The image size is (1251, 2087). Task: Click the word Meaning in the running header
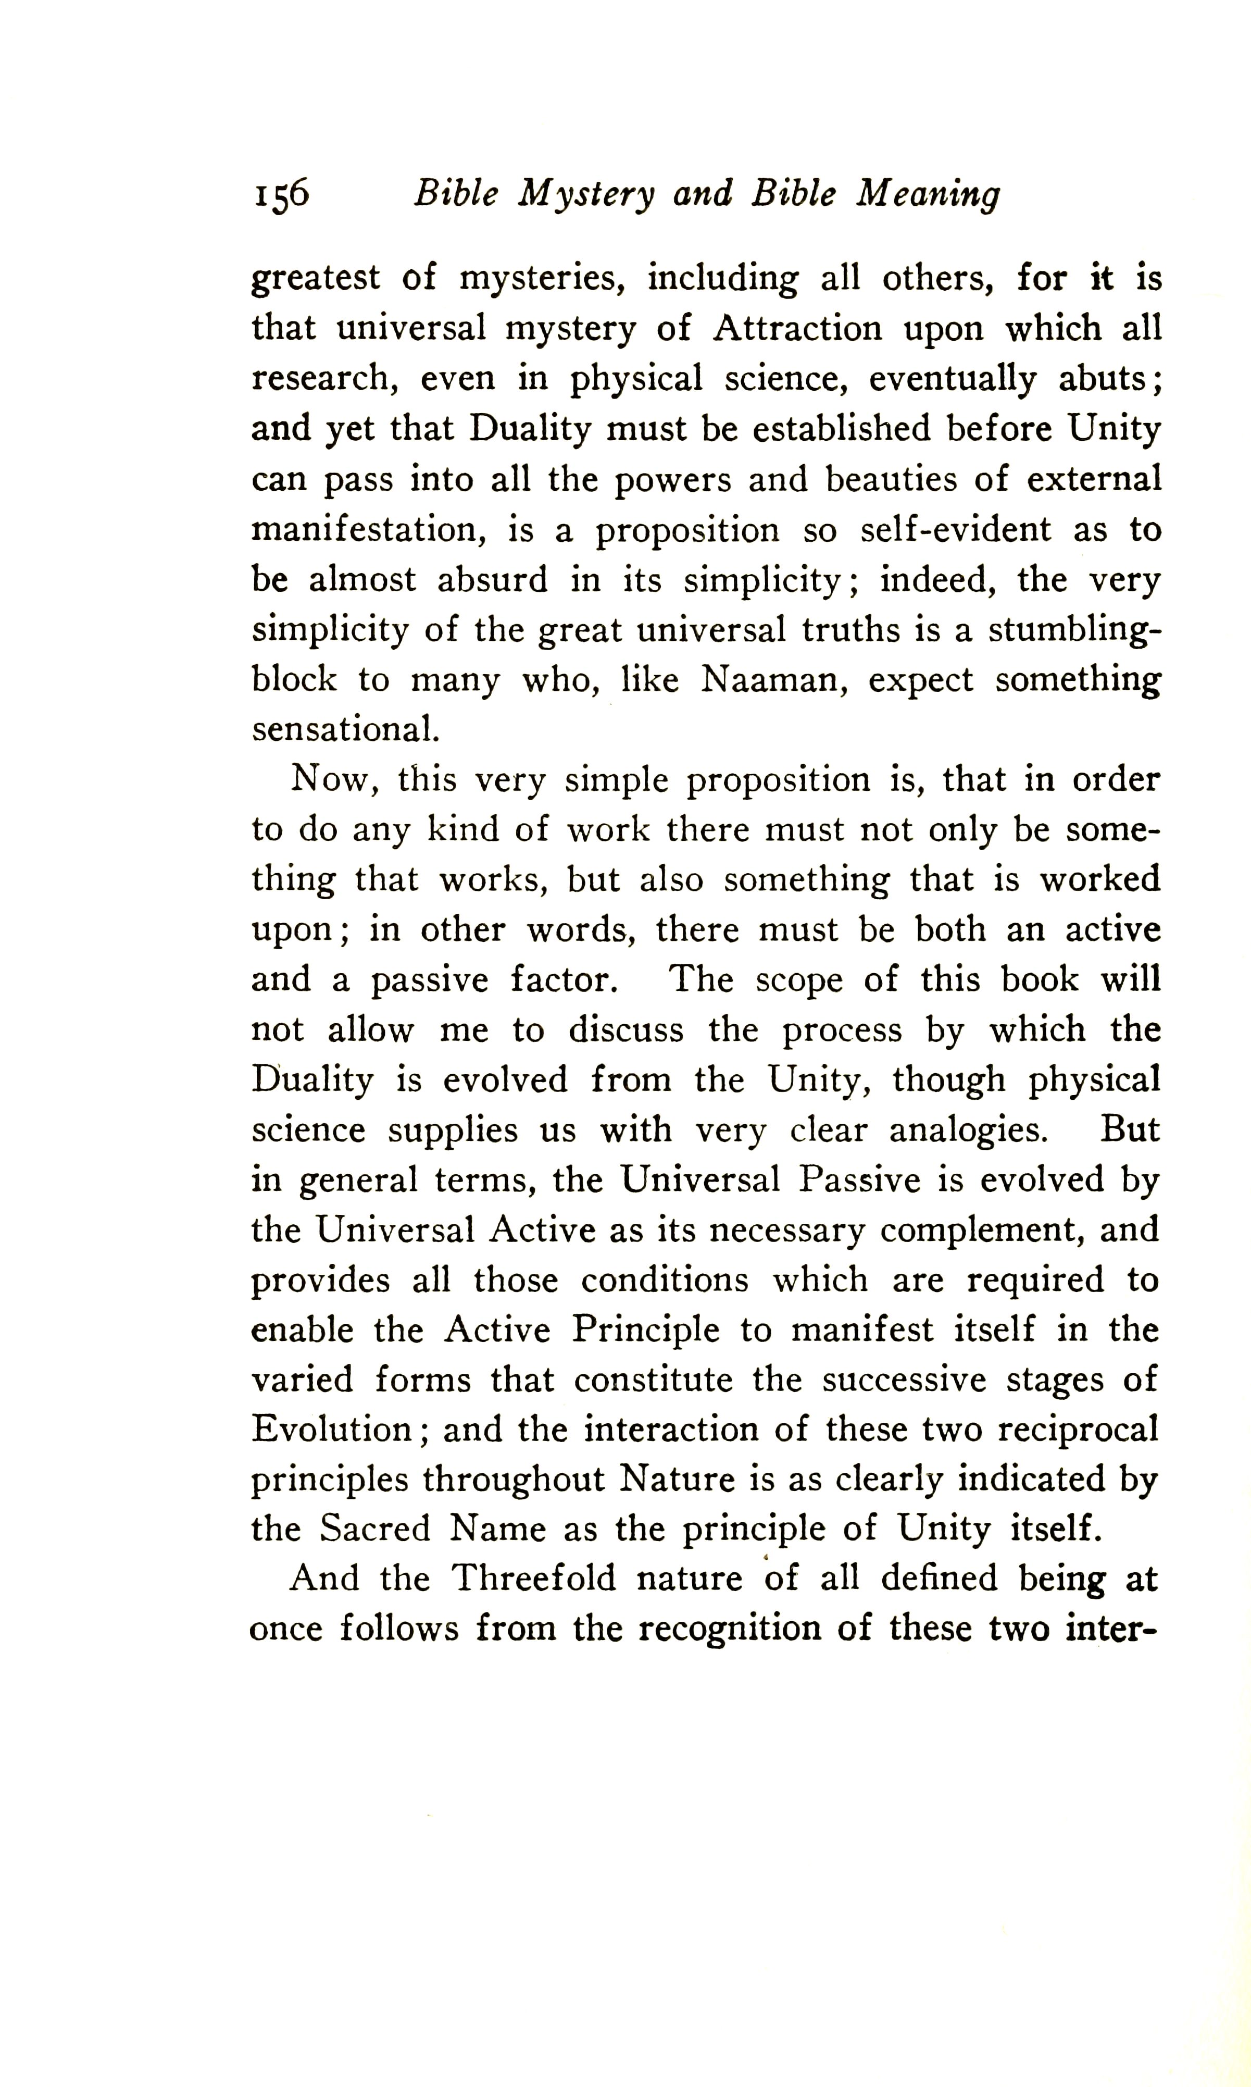tap(928, 196)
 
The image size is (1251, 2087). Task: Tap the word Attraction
tap(798, 329)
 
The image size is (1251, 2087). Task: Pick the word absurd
tap(492, 580)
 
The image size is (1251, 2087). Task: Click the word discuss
tap(624, 1030)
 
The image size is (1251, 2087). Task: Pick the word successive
tap(904, 1381)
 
